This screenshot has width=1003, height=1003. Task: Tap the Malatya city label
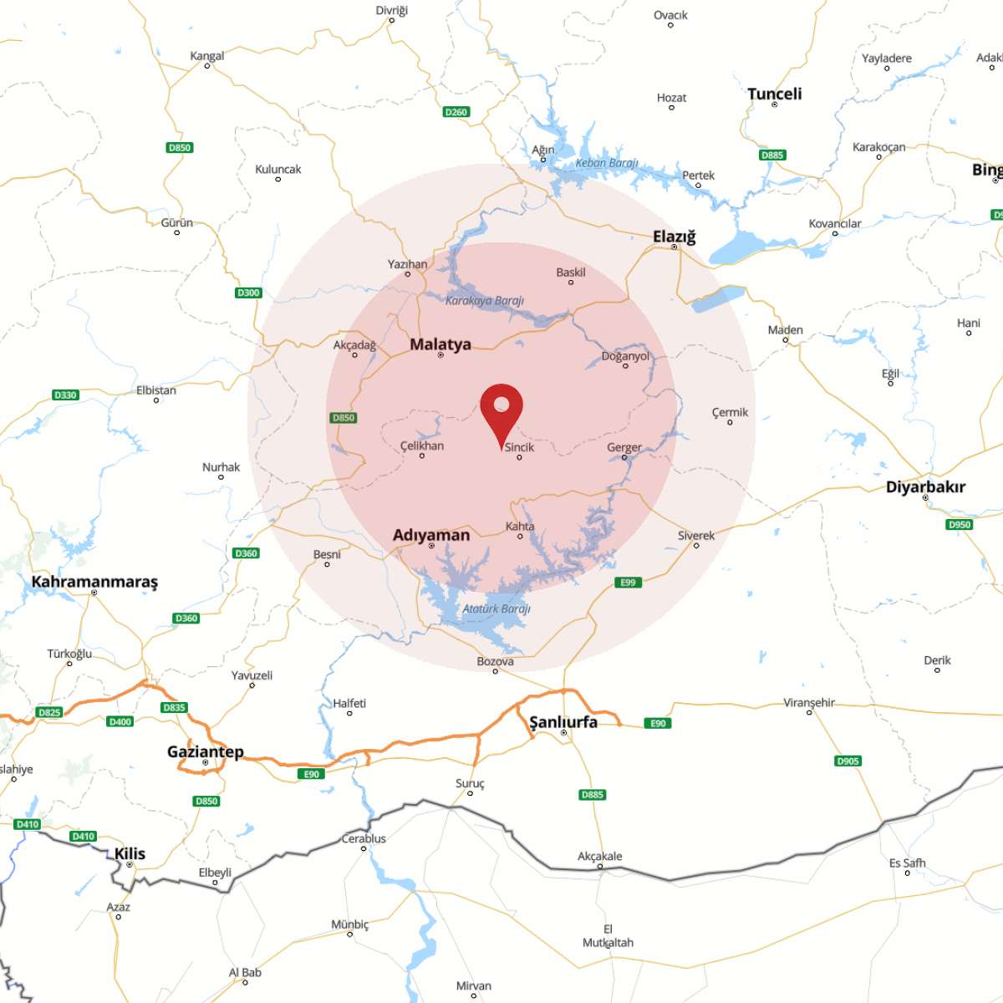[x=440, y=344]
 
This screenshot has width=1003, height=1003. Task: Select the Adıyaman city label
[x=431, y=535]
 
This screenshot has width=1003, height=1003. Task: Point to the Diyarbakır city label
[x=925, y=486]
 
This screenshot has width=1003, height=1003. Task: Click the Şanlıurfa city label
[x=563, y=721]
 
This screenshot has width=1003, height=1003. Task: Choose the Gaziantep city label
[x=206, y=751]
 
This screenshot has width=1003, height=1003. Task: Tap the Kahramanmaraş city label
[x=94, y=582]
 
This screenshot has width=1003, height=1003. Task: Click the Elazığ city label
[x=674, y=237]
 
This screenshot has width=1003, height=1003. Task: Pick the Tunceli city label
[x=774, y=94]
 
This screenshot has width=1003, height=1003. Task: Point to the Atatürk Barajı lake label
[x=496, y=608]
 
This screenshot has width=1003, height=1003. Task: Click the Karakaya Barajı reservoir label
[x=485, y=300]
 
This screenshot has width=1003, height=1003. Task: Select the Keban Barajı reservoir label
[x=607, y=163]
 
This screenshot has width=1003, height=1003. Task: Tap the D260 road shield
[x=456, y=112]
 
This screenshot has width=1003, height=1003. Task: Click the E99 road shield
[x=628, y=583]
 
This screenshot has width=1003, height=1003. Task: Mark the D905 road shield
[x=848, y=761]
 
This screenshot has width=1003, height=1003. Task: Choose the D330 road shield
[x=65, y=395]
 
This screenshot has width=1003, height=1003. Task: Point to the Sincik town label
[x=519, y=447]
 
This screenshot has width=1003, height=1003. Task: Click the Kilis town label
[x=130, y=853]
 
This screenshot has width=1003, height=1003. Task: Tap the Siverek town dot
[x=696, y=546]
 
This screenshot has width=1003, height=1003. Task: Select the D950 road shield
[x=960, y=525]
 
